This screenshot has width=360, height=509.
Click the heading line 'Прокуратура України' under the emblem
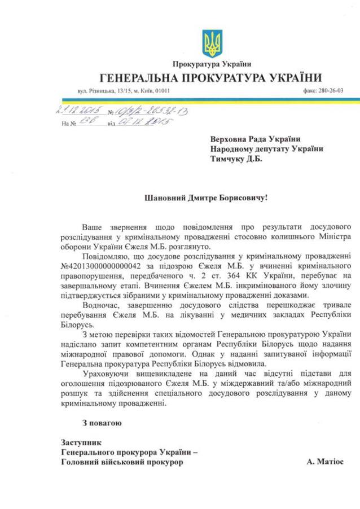(212, 65)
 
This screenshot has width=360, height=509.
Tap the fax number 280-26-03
(331, 90)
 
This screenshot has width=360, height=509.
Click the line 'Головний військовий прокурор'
(122, 462)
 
